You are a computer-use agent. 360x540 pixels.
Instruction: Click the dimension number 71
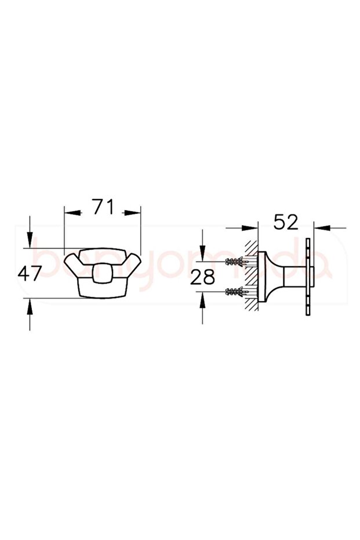click(x=103, y=206)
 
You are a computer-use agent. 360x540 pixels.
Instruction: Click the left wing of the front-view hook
click(x=75, y=266)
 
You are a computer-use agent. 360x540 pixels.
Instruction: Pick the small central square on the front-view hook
click(x=103, y=274)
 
